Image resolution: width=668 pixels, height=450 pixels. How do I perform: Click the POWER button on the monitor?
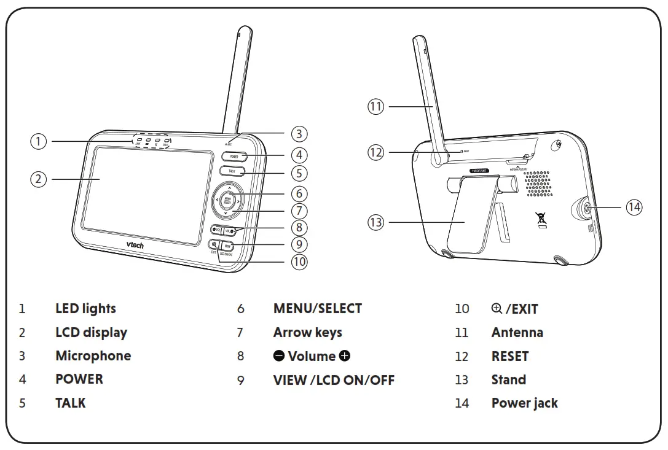(234, 157)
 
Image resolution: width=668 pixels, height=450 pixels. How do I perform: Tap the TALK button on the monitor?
(232, 172)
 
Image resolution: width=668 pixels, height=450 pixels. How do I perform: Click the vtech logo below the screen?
(136, 244)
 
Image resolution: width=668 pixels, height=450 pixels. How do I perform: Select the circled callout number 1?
(38, 141)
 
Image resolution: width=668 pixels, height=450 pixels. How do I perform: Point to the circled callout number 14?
(634, 208)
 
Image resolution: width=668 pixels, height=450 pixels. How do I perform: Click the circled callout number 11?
(376, 106)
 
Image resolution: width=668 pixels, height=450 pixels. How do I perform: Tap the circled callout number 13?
(375, 222)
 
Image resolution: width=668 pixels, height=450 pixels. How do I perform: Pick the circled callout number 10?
(299, 262)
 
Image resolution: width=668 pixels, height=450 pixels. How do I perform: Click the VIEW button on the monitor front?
(227, 245)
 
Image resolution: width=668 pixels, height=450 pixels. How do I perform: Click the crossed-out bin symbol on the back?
(541, 219)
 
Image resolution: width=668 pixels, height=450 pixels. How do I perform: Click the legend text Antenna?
(517, 333)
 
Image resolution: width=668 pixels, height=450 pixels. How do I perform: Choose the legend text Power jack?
(524, 403)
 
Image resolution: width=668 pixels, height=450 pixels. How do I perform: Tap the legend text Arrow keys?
(307, 333)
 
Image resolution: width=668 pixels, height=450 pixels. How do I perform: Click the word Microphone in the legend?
(93, 356)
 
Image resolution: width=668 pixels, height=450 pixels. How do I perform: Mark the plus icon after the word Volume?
(344, 356)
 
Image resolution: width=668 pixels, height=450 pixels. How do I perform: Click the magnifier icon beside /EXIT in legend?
(497, 308)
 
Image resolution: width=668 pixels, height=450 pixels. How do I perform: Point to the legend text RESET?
(509, 356)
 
